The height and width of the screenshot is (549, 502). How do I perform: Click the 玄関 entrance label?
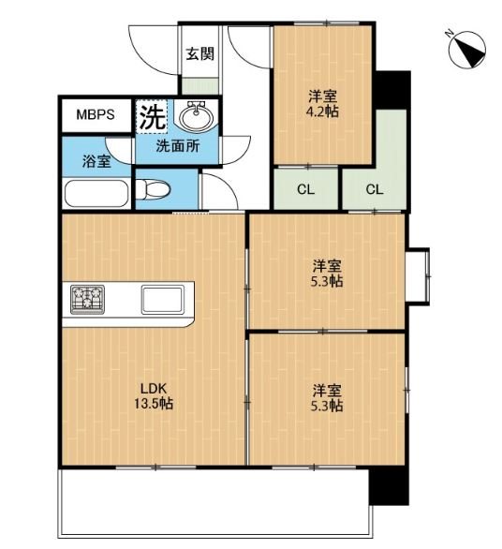coord(199,54)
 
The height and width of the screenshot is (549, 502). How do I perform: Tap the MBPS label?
coord(96,114)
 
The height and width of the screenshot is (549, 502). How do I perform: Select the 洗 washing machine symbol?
coord(153,116)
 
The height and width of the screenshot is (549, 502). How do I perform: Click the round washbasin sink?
coord(196,116)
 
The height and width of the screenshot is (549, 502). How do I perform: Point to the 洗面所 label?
coord(178,146)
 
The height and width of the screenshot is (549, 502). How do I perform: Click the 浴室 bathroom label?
coord(96,161)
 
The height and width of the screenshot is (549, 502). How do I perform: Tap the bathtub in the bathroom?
coord(96,194)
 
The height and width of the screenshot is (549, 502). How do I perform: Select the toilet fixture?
coord(153,189)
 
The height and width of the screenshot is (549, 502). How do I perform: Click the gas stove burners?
coord(87,300)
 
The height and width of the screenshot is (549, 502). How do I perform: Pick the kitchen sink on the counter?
coord(163,300)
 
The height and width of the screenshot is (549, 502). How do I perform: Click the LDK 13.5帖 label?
coord(154,396)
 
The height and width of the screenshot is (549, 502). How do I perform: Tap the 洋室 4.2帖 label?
coord(322,104)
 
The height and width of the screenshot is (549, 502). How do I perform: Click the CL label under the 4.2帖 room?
coord(305,190)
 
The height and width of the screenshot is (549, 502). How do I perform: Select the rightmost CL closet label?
coord(375,190)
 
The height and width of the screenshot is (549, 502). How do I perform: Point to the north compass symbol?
coord(467,49)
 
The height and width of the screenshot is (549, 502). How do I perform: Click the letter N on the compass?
coord(450,34)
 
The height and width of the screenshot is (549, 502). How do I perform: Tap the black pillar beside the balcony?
coord(390,486)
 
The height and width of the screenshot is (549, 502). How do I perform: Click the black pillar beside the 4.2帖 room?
coord(392,90)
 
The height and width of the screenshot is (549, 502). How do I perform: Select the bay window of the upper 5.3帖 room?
coord(419,276)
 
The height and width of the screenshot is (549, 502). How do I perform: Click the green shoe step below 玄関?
coord(200,86)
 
